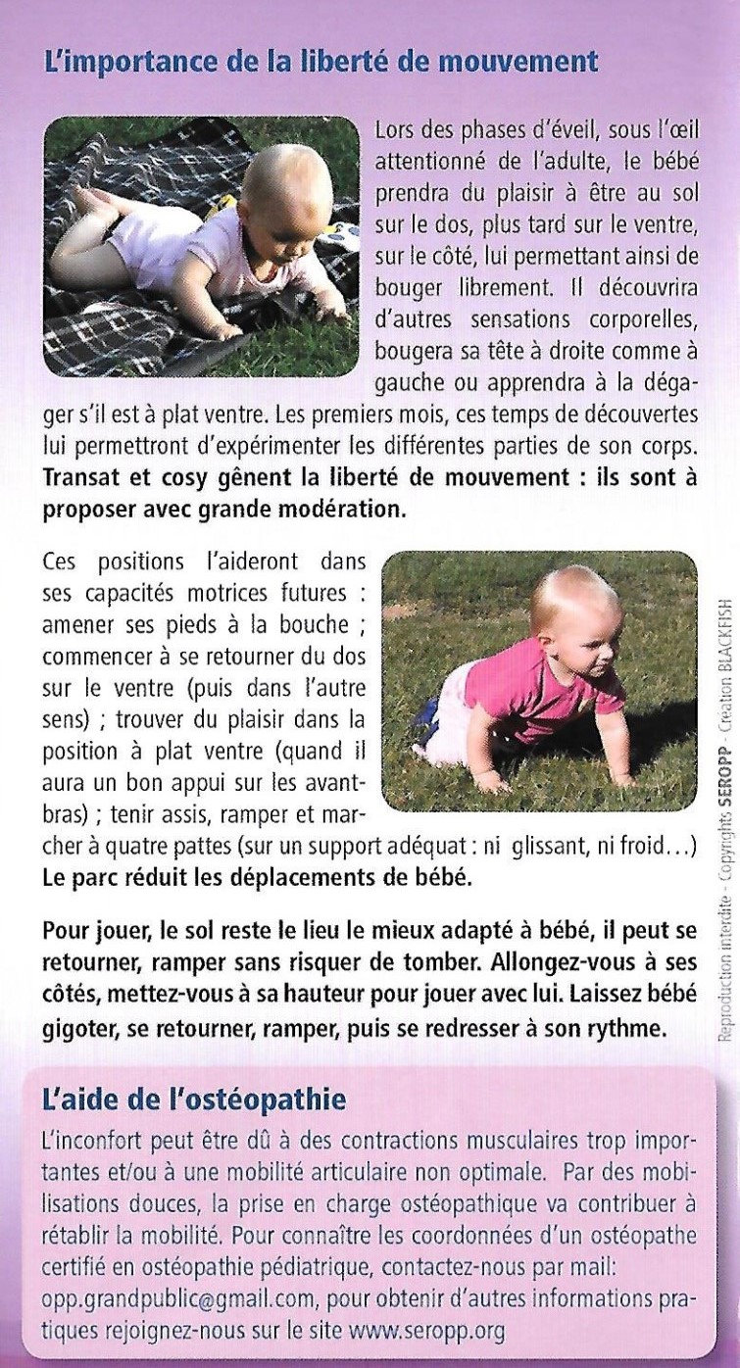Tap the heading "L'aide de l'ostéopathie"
(195, 1099)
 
